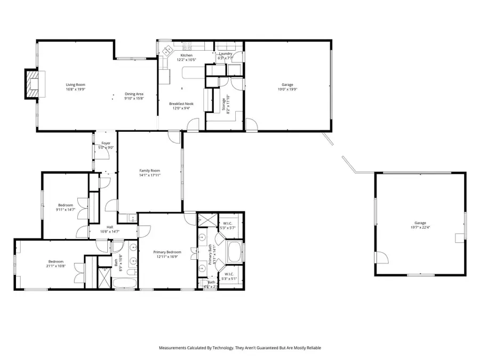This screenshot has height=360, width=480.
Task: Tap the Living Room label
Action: click(75, 85)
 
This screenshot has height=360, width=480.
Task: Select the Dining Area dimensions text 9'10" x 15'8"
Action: click(134, 99)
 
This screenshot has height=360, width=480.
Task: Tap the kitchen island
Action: click(193, 73)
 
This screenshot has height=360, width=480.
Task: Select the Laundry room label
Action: click(225, 54)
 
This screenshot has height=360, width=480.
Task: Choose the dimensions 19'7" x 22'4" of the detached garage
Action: click(421, 228)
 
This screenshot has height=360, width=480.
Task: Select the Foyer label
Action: click(106, 143)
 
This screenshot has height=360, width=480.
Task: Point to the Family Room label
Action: click(150, 170)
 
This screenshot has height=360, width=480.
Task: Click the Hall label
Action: click(109, 227)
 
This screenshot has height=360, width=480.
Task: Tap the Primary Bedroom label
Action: click(167, 252)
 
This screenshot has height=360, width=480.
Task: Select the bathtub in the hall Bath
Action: click(132, 281)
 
